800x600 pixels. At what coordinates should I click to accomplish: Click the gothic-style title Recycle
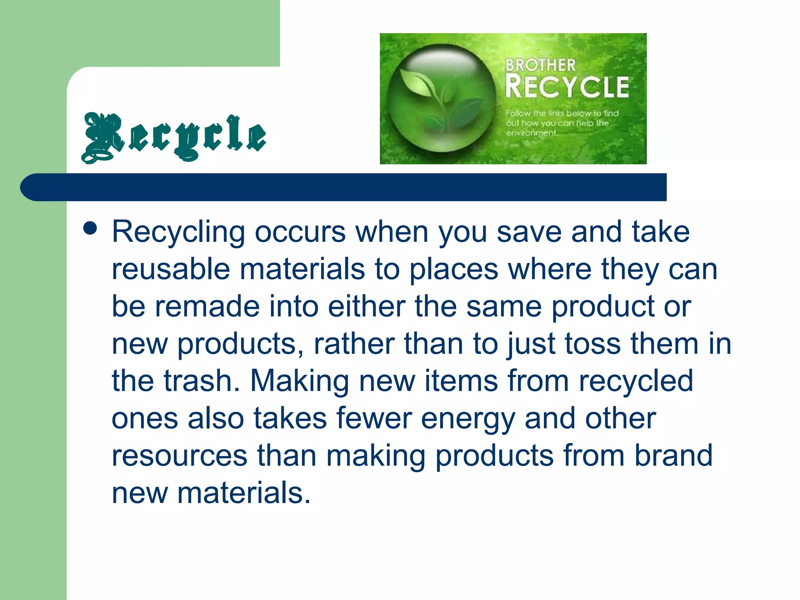[174, 137]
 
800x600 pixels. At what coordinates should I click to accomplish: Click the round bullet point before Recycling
[90, 229]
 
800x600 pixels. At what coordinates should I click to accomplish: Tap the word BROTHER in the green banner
[540, 65]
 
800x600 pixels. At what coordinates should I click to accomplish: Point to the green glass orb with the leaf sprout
[442, 98]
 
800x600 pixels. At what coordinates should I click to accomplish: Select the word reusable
[171, 270]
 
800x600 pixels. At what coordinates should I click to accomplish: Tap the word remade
[207, 307]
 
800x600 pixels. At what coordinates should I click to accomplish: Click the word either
[366, 307]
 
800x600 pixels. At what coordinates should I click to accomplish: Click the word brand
[673, 455]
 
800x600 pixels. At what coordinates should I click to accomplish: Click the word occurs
[300, 232]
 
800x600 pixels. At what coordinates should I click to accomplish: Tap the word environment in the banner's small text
[531, 133]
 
